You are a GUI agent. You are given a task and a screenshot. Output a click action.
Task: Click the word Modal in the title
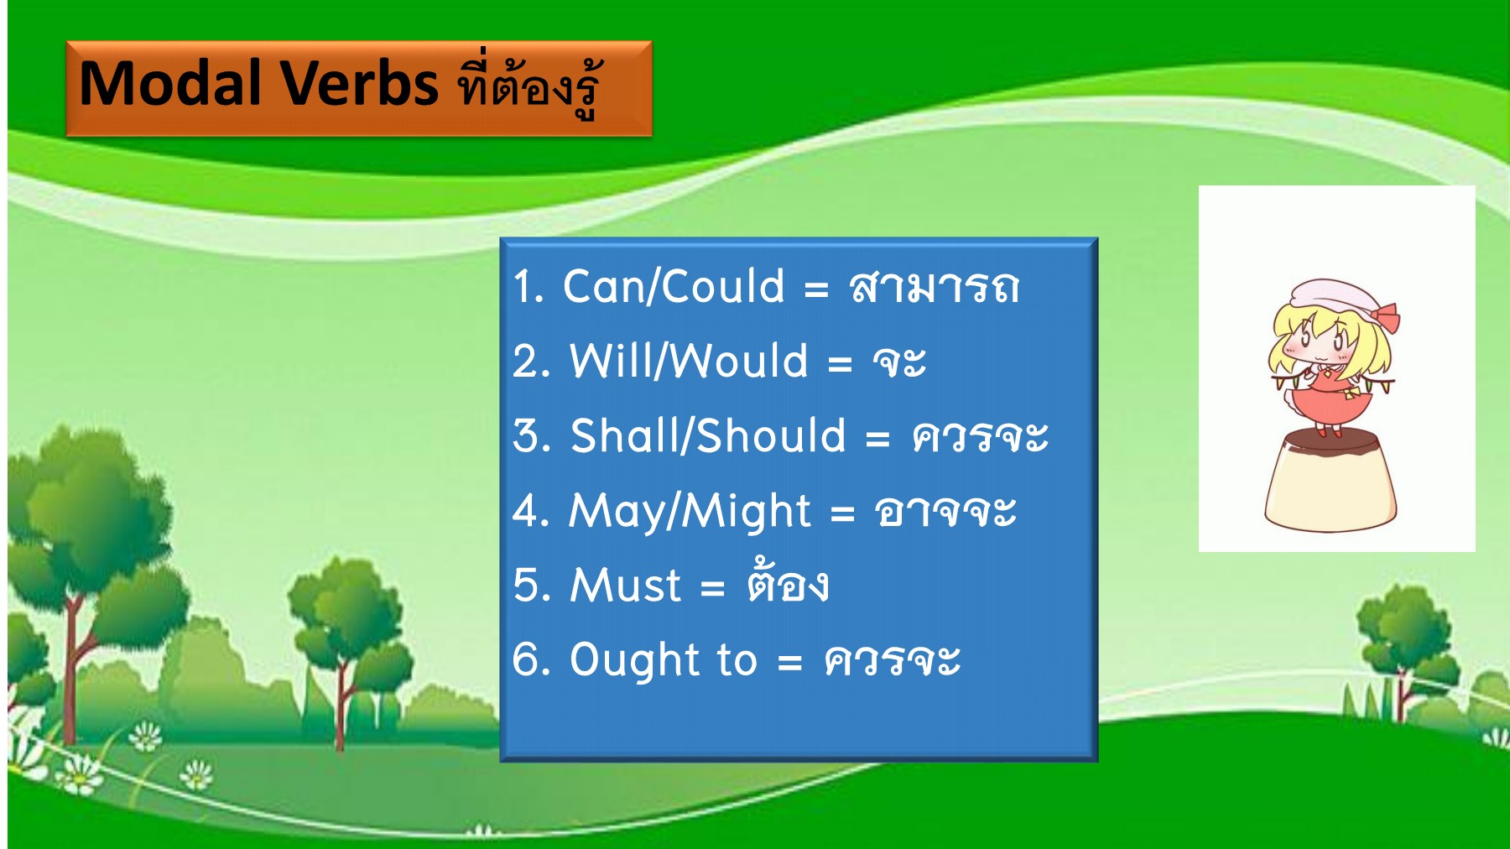click(170, 84)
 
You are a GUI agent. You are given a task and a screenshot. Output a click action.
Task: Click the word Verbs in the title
click(359, 84)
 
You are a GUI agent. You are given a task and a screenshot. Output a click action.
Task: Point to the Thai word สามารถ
click(934, 287)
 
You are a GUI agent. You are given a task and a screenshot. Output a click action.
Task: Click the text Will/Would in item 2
click(689, 361)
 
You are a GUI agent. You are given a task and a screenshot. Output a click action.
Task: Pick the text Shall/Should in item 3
click(708, 435)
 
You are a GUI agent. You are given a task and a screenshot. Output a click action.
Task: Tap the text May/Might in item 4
click(690, 511)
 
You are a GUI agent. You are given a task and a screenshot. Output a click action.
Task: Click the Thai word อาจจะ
click(945, 511)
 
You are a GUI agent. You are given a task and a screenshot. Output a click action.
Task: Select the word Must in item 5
click(626, 585)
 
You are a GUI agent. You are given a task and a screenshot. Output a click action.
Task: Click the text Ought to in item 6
click(664, 659)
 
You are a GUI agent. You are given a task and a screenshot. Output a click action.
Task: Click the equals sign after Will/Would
click(840, 363)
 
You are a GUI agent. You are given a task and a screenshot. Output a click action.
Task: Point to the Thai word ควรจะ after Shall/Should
click(980, 436)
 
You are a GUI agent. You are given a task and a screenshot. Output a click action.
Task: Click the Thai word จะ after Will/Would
click(899, 362)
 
